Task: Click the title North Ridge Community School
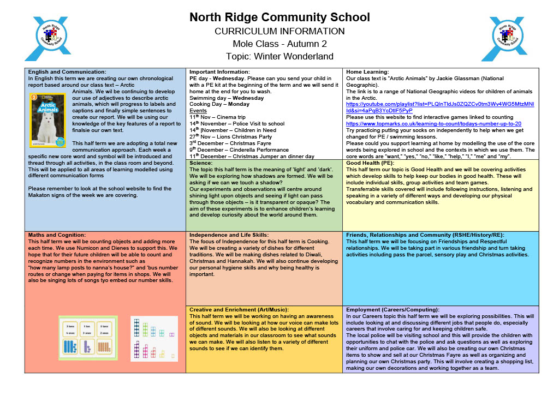(279, 17)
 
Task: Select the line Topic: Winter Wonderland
(279, 56)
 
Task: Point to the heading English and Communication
(67, 71)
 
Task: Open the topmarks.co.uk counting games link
(433, 124)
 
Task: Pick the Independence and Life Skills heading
(229, 235)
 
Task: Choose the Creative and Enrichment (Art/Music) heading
(238, 309)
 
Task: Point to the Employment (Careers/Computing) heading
(393, 309)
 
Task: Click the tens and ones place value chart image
(88, 338)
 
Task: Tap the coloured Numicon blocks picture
(154, 338)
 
